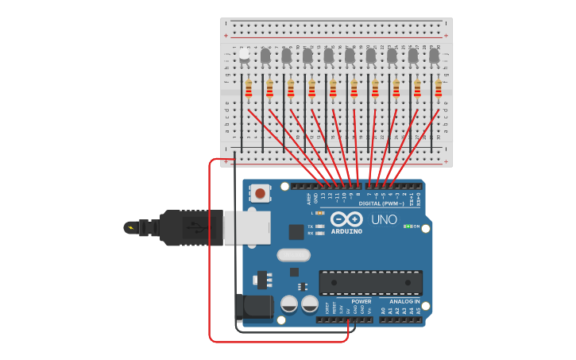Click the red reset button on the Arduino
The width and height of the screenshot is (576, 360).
tap(260, 193)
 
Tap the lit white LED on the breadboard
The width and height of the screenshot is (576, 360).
tap(245, 54)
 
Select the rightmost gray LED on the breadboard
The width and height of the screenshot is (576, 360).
tap(434, 56)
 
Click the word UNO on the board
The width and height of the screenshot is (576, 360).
tap(385, 219)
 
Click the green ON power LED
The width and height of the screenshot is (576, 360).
tap(408, 226)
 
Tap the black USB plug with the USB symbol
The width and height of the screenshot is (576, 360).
tap(191, 228)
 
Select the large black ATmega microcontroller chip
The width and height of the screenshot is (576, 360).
tap(370, 282)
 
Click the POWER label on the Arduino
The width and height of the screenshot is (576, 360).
tap(361, 302)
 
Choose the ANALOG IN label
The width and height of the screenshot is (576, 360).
tap(405, 302)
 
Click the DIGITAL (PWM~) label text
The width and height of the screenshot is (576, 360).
tap(381, 203)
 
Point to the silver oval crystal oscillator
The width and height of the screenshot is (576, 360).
tap(293, 255)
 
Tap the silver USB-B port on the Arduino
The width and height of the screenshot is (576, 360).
tap(247, 228)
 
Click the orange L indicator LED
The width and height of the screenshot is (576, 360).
tap(319, 213)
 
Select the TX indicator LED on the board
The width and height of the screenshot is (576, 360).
tap(319, 226)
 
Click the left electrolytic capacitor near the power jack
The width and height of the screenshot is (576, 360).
tap(289, 304)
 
